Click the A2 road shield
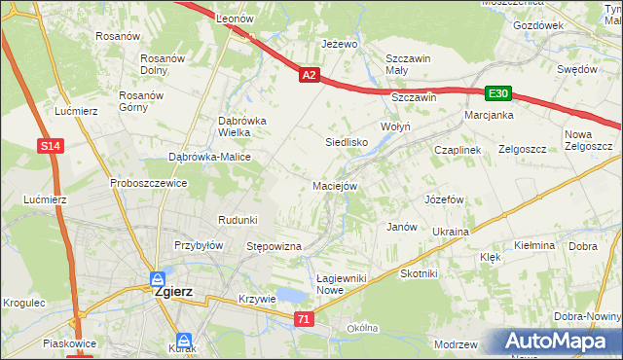coord(309,74)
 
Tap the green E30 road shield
coord(498,93)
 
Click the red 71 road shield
coord(305,319)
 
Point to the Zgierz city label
coord(172,291)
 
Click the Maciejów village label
coord(336,185)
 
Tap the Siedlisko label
coord(345,142)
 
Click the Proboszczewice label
coord(148,182)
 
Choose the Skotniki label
coord(419,274)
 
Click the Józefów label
coord(443,198)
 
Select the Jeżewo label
coord(340,45)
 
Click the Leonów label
coord(235,18)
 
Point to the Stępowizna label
coord(274,247)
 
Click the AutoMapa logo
coord(563,342)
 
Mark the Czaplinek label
coord(458,150)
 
